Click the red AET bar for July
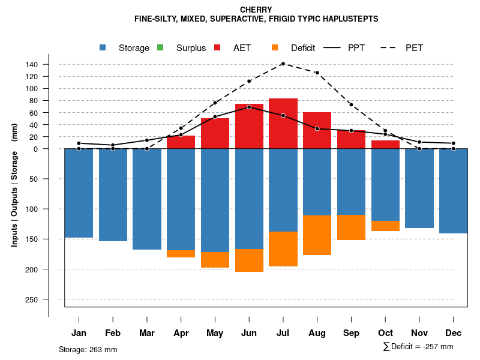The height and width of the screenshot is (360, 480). pyautogui.click(x=283, y=123)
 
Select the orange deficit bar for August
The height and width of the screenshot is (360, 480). pyautogui.click(x=317, y=235)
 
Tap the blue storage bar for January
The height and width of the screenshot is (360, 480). pyautogui.click(x=79, y=193)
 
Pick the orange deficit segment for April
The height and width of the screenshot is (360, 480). pyautogui.click(x=181, y=254)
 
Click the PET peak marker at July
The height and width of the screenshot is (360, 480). pyautogui.click(x=283, y=64)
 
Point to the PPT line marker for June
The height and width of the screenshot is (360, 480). pyautogui.click(x=249, y=107)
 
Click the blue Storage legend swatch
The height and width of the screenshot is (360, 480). pyautogui.click(x=103, y=47)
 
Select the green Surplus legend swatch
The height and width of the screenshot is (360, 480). pyautogui.click(x=160, y=47)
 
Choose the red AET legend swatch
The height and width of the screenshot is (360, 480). pyautogui.click(x=218, y=47)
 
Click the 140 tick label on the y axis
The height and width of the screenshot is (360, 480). pyautogui.click(x=49, y=64)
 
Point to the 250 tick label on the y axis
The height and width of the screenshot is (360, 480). pyautogui.click(x=49, y=299)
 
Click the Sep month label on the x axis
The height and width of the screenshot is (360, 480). pyautogui.click(x=351, y=333)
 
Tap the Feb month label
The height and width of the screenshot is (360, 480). pyautogui.click(x=113, y=333)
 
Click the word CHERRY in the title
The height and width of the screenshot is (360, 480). pyautogui.click(x=256, y=10)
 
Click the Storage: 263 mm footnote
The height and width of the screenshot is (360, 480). pyautogui.click(x=88, y=349)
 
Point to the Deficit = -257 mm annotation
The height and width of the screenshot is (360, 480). pyautogui.click(x=418, y=347)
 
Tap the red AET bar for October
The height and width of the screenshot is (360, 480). pyautogui.click(x=385, y=145)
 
